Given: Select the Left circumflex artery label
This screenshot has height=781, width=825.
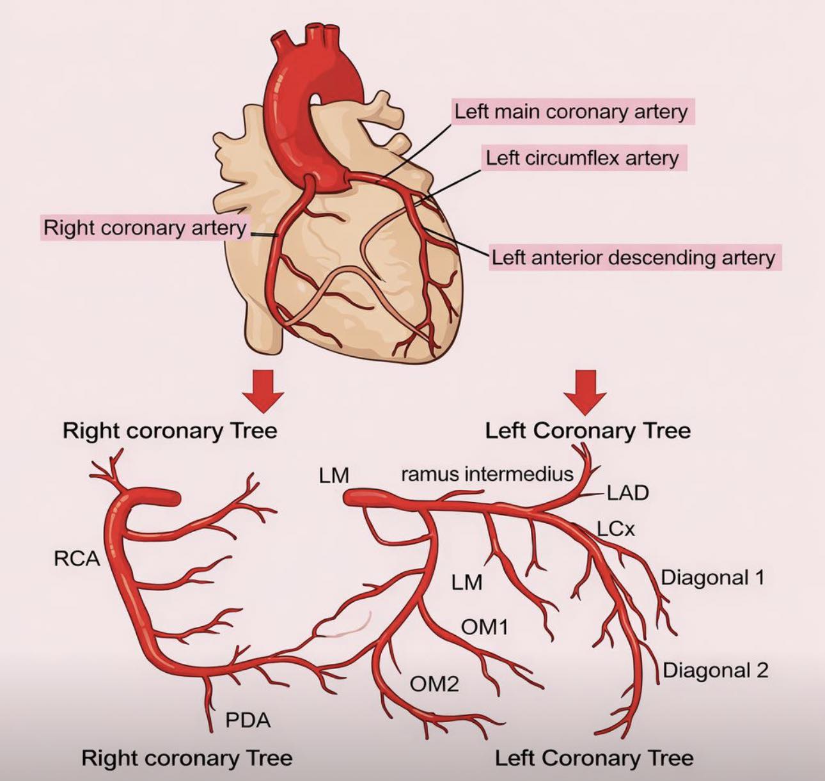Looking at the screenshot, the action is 583,158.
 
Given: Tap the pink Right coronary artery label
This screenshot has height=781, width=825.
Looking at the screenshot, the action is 145,228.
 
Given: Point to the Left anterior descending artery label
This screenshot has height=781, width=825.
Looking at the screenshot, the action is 634,257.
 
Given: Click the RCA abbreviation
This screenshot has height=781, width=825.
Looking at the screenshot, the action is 77,558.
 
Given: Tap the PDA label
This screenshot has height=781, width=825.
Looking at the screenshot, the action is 248,721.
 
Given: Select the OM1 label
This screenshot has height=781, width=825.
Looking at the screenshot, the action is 484,627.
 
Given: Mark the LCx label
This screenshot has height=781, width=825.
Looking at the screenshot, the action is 616,529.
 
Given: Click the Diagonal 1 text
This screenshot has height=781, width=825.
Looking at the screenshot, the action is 712,578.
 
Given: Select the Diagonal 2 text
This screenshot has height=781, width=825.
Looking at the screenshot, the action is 716,670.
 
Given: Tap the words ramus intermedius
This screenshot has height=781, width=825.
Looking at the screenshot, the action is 487,474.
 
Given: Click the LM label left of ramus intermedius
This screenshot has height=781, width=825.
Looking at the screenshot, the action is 334,475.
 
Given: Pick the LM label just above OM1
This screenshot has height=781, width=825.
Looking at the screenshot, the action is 467,582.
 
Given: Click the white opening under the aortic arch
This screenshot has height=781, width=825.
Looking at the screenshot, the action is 315,99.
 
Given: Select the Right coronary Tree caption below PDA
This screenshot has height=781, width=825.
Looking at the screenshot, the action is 187,759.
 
